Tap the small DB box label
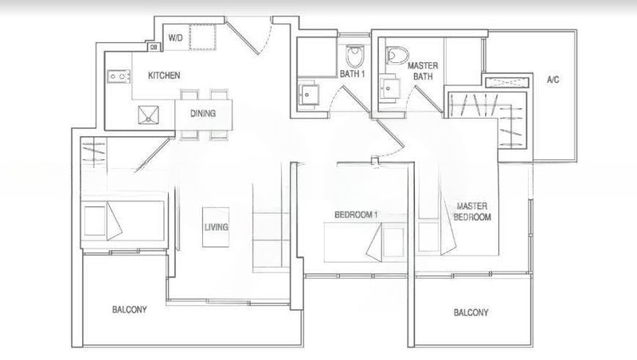point(153,48)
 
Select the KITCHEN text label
point(164,76)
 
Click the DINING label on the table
point(202,113)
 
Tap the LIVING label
point(216,227)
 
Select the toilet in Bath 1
point(355,55)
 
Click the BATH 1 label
point(352,74)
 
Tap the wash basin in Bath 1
point(307,95)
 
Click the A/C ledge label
point(553,80)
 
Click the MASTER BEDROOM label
point(471,211)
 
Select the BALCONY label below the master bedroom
point(471,312)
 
